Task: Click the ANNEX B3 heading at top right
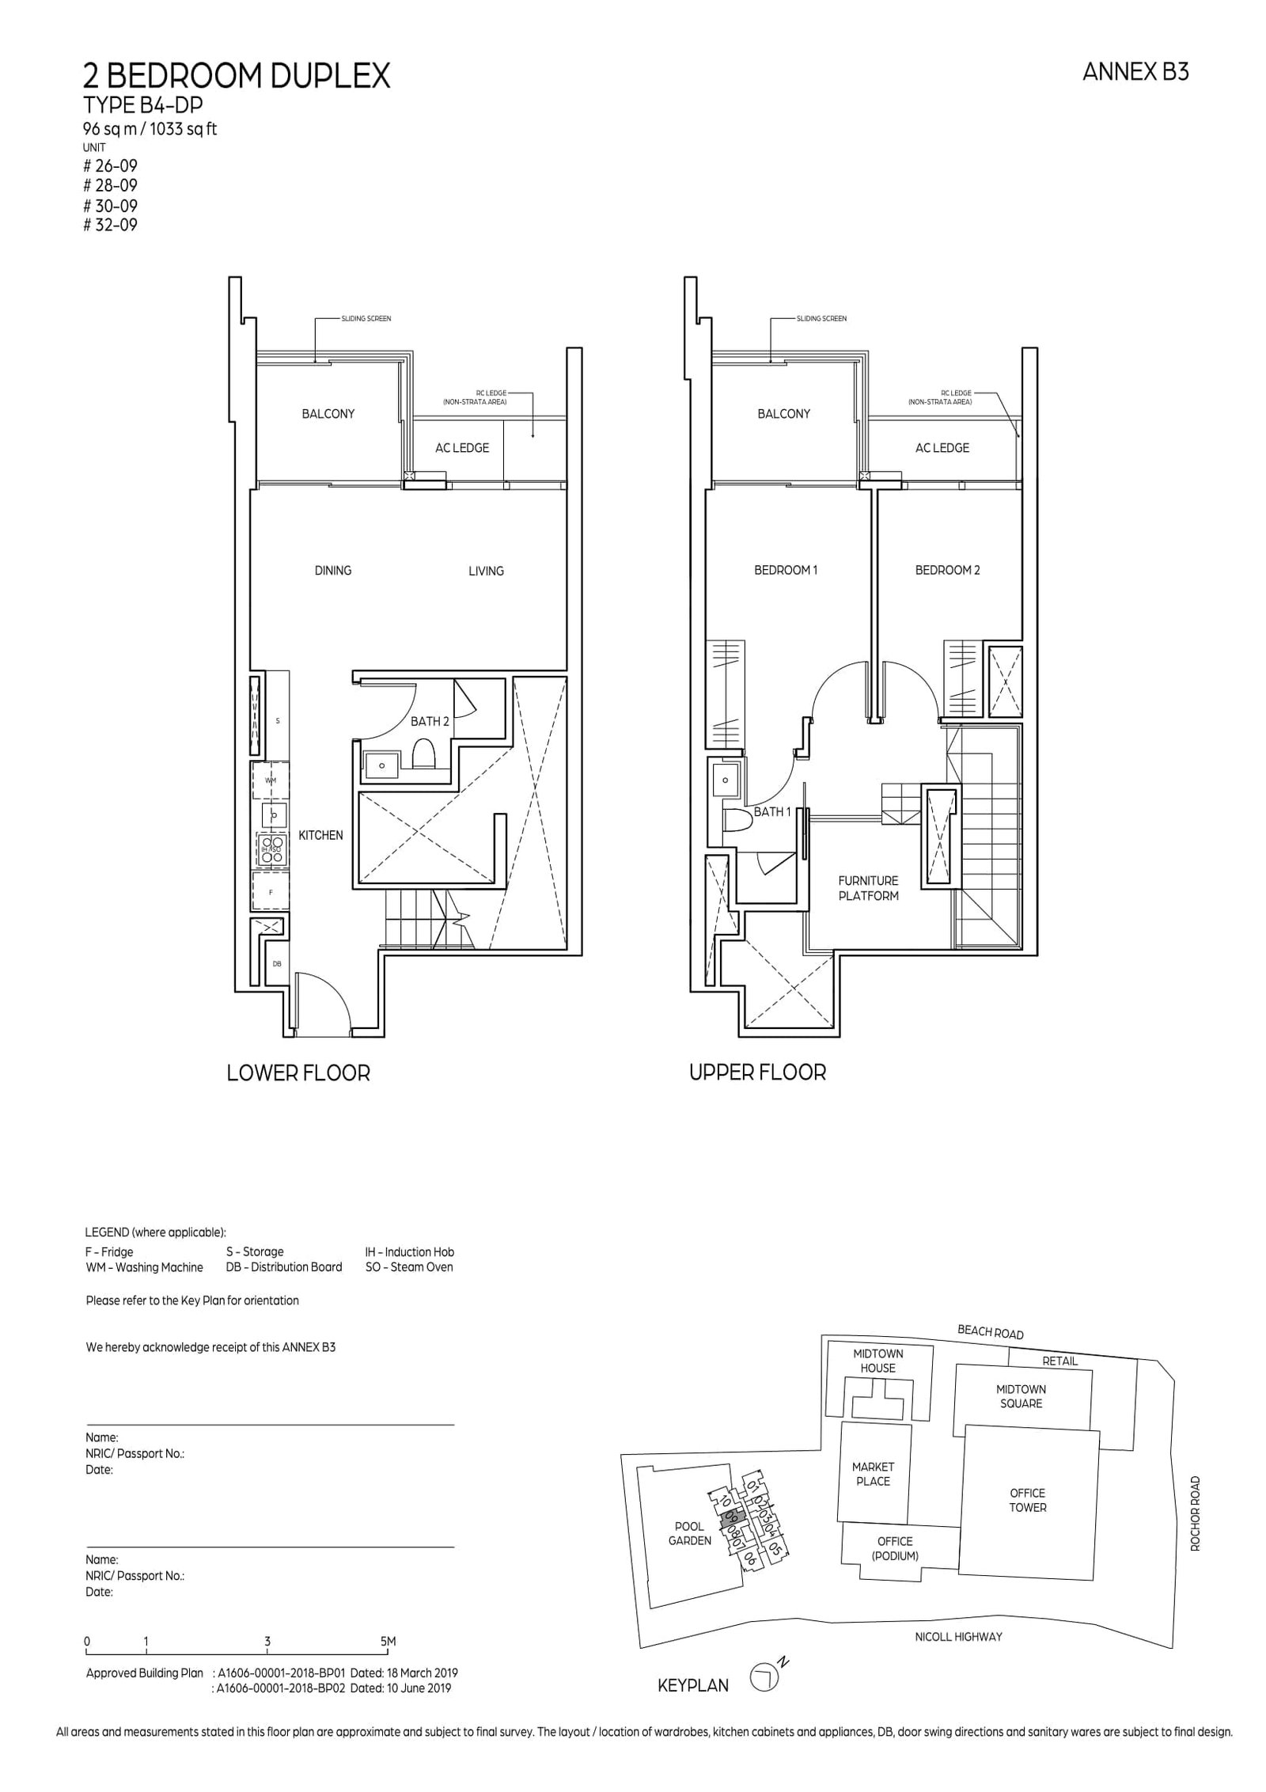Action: tap(1135, 72)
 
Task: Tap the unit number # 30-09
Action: tap(111, 206)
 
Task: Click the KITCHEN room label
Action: tap(320, 835)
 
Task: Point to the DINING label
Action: tap(332, 570)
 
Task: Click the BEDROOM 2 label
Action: tap(947, 570)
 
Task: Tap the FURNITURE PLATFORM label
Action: tap(868, 888)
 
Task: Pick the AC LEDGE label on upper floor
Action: tap(942, 448)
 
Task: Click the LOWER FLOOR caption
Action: tap(298, 1073)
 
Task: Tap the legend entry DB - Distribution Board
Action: tap(284, 1267)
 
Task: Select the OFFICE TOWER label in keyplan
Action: tap(1027, 1500)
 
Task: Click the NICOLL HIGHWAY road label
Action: tap(957, 1637)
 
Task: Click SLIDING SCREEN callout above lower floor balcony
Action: tap(366, 319)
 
